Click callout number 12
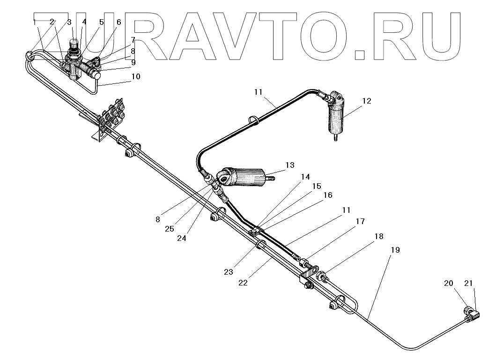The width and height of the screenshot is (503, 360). (367, 101)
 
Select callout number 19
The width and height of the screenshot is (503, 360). (395, 250)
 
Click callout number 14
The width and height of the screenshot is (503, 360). (305, 177)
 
